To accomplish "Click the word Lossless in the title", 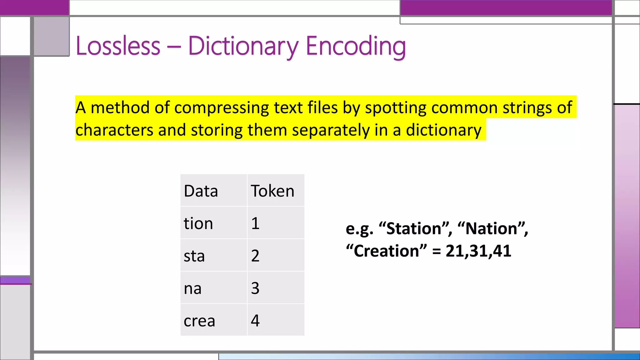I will click(118, 46).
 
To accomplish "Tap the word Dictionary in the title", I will click(243, 46).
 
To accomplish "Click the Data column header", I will click(201, 191).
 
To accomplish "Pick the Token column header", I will click(272, 191).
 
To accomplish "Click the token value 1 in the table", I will click(255, 223).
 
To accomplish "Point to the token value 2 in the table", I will click(255, 256).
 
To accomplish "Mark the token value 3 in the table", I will click(255, 288).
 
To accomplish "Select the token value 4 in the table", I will click(255, 321).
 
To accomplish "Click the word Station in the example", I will click(414, 228).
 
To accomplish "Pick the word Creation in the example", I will click(387, 251).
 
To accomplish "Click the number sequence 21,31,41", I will click(478, 251).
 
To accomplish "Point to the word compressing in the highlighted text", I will click(221, 108).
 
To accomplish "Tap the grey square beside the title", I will click(51, 36).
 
